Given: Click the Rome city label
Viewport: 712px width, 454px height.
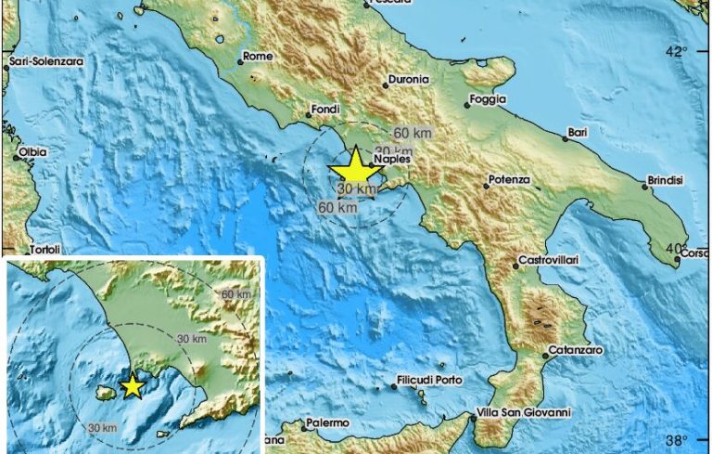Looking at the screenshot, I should point(257,57).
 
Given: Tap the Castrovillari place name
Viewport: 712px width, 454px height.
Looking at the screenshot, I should point(547,260).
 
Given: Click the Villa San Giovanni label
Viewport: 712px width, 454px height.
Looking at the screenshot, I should point(519,412).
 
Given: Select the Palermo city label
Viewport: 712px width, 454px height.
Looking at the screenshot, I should point(328,423).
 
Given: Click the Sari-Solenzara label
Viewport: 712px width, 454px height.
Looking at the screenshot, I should point(45,62).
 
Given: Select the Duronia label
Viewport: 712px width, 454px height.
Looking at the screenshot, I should point(409,81).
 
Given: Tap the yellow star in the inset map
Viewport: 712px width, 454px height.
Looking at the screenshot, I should point(133,385).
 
